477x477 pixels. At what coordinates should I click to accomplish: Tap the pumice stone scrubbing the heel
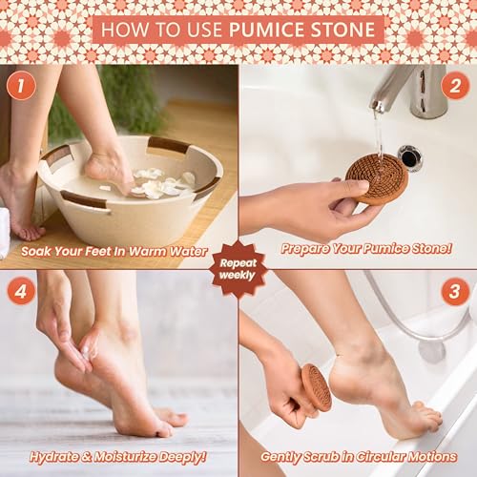pyautogui.click(x=316, y=386)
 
